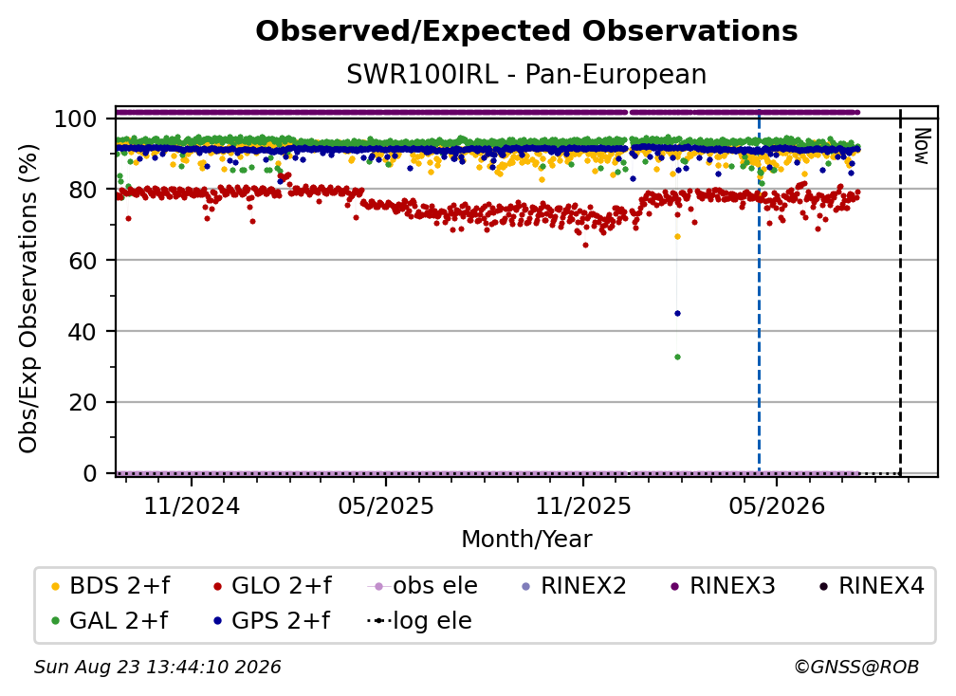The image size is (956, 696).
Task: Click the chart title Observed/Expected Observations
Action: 526,31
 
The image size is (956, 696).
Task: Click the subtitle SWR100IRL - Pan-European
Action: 526,75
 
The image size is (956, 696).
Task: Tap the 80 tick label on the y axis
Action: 83,190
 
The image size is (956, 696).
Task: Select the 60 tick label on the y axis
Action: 83,261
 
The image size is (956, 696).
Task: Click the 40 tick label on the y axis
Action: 83,332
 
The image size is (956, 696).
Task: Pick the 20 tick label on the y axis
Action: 83,402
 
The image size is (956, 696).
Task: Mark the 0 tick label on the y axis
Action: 90,473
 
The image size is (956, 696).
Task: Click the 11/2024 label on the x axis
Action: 192,505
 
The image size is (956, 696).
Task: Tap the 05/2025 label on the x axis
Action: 386,505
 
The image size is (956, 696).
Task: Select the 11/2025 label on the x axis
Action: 583,505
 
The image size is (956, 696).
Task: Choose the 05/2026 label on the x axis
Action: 776,505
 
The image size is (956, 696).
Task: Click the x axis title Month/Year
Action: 526,540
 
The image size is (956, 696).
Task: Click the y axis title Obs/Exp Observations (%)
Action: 28,298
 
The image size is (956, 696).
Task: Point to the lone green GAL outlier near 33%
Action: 677,357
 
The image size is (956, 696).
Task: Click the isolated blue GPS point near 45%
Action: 677,314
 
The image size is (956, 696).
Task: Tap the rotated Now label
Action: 921,146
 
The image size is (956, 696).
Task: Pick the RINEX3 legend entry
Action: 723,586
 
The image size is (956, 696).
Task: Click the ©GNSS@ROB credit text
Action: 856,668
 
